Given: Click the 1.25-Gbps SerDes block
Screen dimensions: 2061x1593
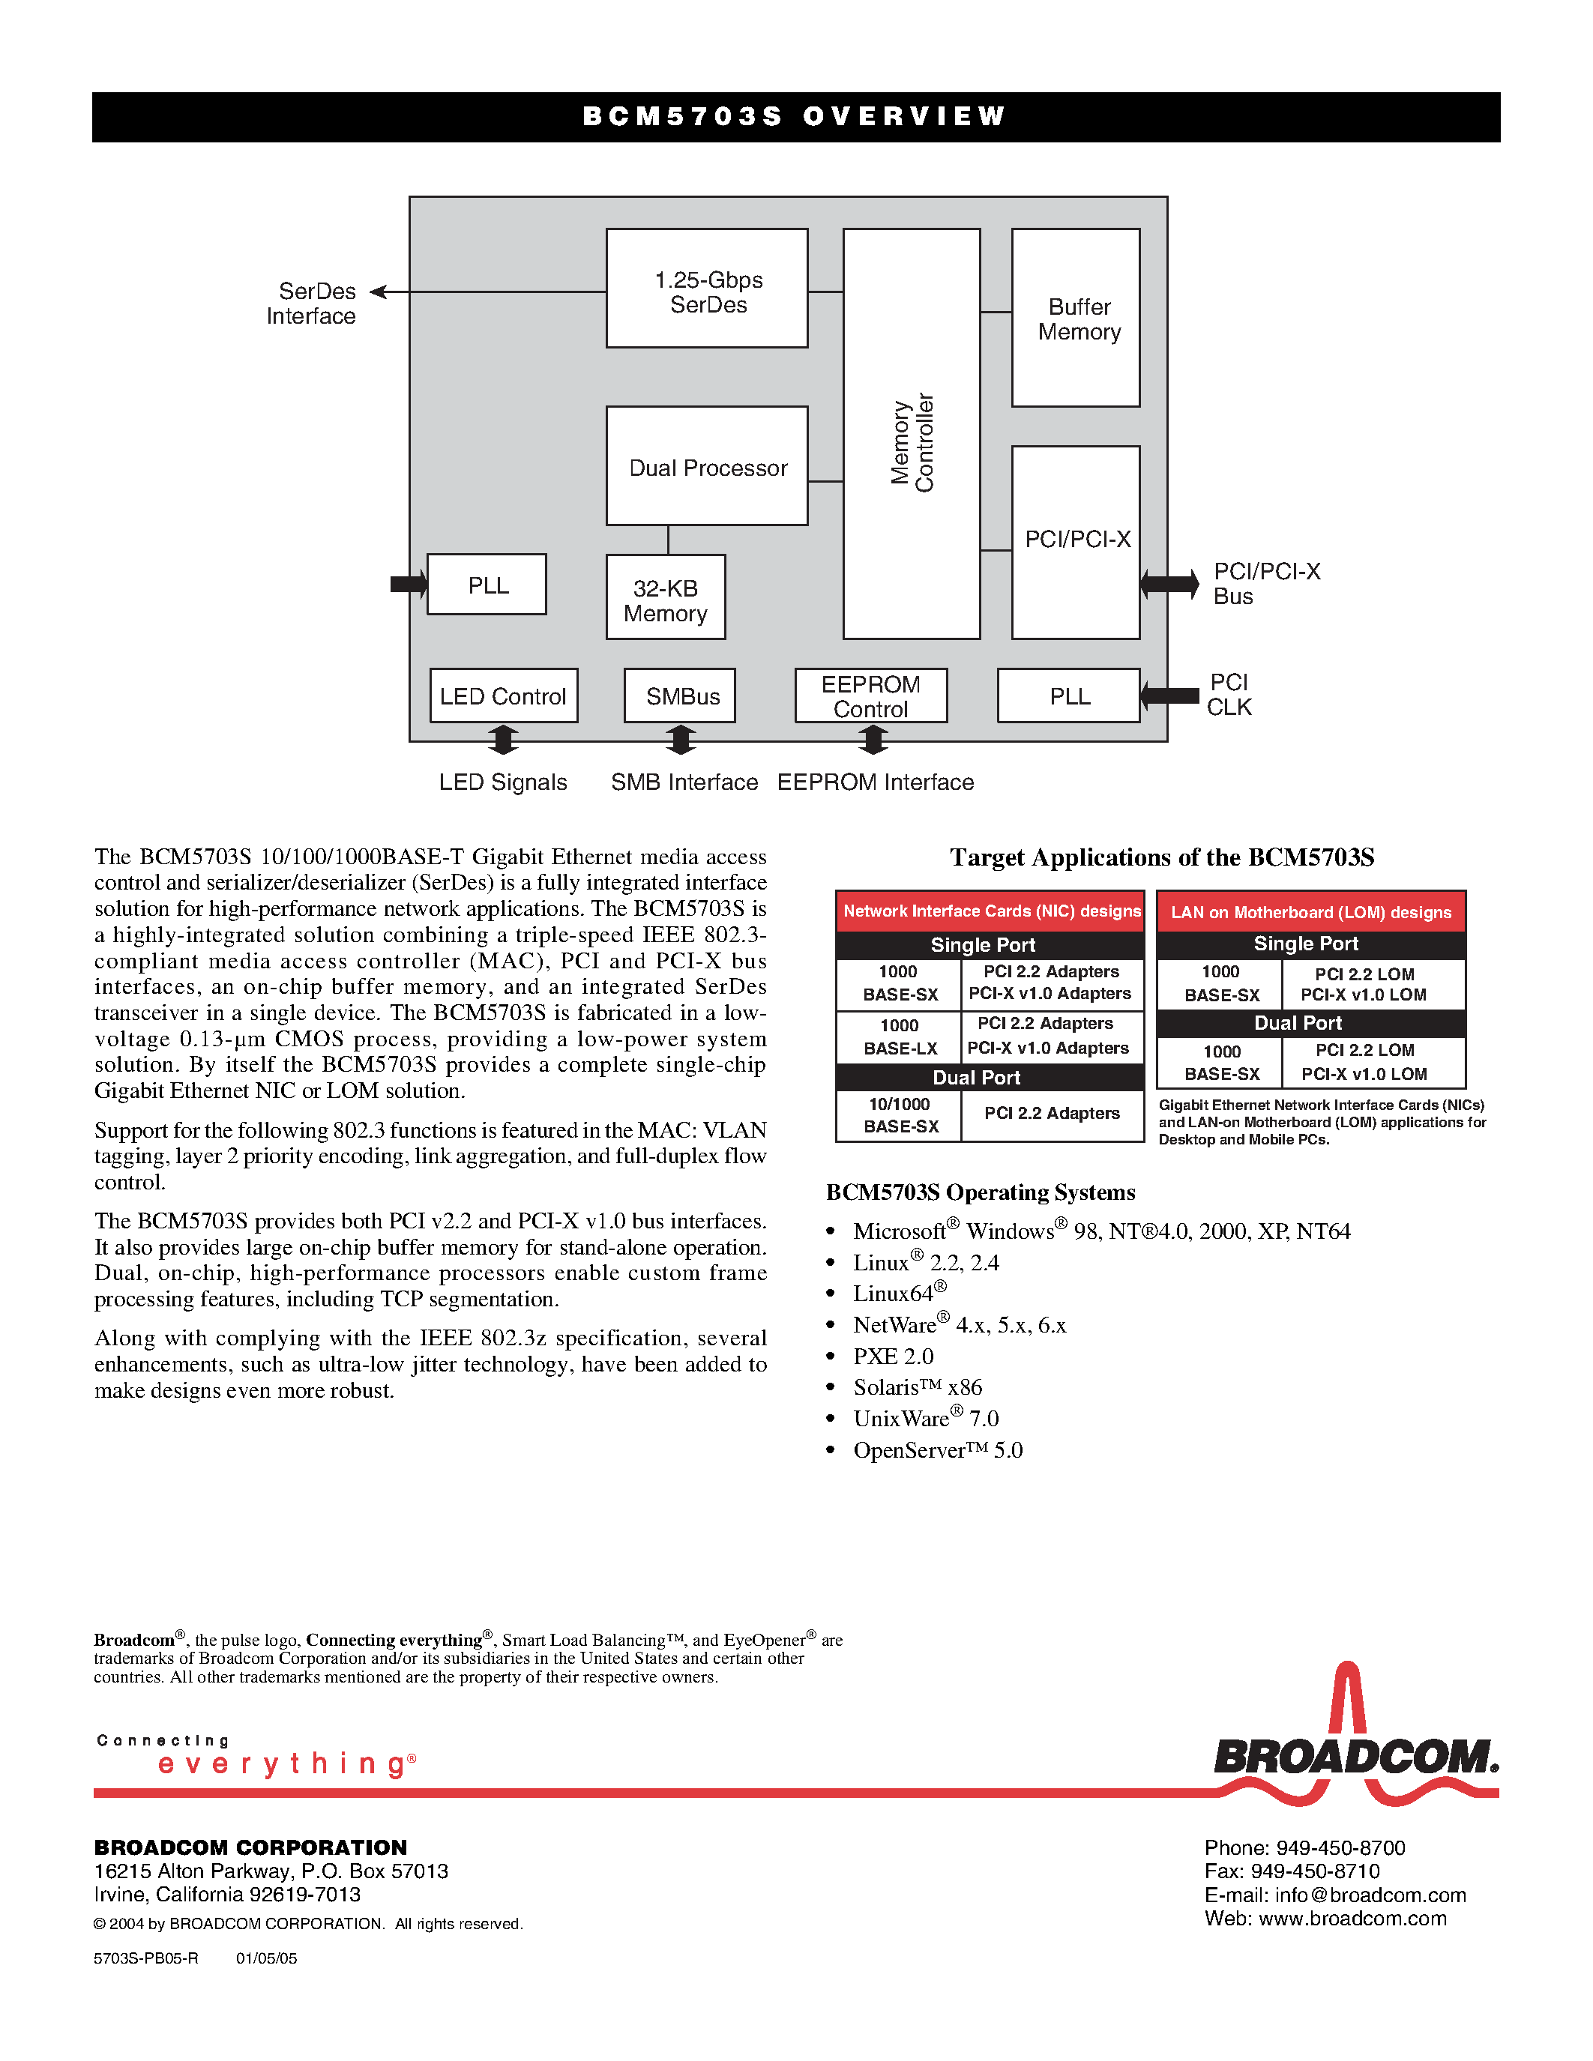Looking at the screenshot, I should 707,289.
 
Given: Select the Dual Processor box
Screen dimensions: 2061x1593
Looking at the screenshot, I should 707,466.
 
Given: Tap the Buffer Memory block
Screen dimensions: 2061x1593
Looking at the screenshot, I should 1076,318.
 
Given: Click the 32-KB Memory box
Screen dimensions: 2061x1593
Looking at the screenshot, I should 666,598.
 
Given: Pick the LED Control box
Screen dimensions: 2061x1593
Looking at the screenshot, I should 503,696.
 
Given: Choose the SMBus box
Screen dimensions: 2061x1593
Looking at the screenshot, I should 679,696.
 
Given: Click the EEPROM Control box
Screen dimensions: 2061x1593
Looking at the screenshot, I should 870,696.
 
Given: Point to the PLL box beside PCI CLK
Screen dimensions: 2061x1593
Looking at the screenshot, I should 1068,696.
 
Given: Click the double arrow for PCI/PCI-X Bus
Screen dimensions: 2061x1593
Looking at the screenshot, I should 1169,584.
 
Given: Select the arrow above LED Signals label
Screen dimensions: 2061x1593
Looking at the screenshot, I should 503,740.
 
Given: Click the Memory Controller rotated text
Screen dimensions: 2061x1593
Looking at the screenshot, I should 912,441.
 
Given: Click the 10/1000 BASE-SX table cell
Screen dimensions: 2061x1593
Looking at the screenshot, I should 900,1115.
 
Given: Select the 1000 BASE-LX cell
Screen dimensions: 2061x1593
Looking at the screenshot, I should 900,1037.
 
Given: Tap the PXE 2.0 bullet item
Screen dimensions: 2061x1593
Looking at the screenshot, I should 892,1356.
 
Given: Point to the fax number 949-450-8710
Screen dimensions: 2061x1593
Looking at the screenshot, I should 1291,1871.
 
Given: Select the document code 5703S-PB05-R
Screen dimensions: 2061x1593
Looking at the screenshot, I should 146,1958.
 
